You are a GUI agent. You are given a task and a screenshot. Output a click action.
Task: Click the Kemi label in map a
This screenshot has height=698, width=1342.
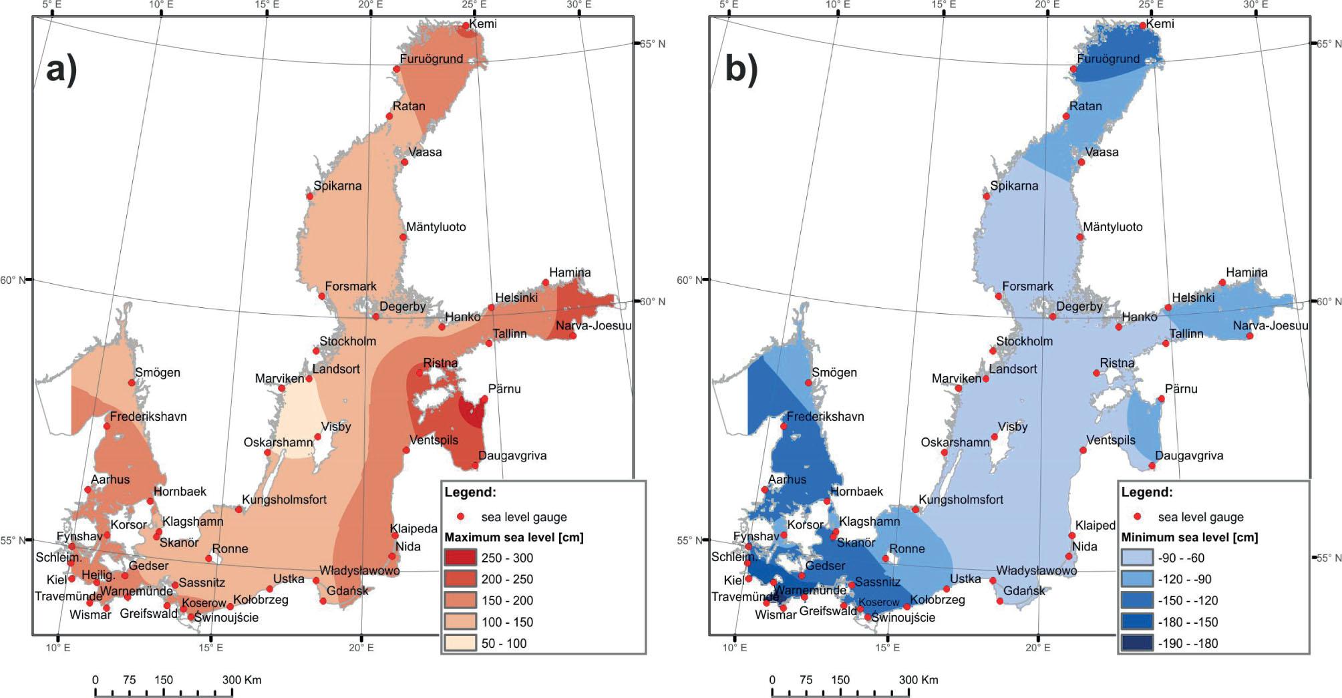(x=483, y=24)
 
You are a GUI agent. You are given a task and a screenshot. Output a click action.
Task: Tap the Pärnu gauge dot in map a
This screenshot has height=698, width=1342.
(x=484, y=399)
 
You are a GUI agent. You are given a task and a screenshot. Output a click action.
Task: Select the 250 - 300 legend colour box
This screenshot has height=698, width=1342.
(x=460, y=558)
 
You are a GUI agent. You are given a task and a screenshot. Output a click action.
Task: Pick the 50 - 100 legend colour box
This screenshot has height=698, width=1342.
(x=460, y=643)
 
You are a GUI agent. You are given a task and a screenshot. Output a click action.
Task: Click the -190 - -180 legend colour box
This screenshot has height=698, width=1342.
(x=1136, y=643)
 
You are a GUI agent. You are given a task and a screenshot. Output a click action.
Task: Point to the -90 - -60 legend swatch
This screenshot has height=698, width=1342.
(x=1136, y=558)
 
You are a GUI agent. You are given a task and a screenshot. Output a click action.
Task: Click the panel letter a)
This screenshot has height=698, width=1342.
(x=61, y=69)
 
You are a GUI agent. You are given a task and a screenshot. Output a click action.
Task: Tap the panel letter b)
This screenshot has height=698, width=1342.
(x=741, y=69)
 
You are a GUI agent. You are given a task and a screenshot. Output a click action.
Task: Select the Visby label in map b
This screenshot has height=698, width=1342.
(x=1013, y=427)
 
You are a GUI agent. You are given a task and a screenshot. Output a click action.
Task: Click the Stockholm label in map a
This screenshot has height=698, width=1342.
(x=347, y=341)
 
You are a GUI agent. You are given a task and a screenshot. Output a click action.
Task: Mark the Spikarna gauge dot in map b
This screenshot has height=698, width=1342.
(x=987, y=196)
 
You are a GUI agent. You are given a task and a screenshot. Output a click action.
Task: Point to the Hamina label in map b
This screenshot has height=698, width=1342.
(x=1246, y=273)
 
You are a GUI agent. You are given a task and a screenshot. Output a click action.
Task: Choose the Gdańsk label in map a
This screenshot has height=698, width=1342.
(x=347, y=590)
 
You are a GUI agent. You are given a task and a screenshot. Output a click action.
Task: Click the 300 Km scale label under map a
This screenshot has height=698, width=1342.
(x=242, y=680)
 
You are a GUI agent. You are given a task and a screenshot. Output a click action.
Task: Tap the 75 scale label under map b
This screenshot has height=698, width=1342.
(x=806, y=680)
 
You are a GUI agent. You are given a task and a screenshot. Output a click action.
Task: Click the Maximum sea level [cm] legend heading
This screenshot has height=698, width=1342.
(x=514, y=537)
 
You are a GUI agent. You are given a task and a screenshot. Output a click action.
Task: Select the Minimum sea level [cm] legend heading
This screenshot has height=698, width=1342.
(x=1189, y=537)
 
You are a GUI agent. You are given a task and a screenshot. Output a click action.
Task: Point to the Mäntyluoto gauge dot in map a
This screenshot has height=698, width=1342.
(x=403, y=237)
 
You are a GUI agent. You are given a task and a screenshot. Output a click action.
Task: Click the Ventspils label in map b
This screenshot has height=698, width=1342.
(x=1111, y=440)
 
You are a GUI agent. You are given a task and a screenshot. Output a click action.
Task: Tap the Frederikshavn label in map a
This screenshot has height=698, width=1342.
(x=148, y=417)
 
